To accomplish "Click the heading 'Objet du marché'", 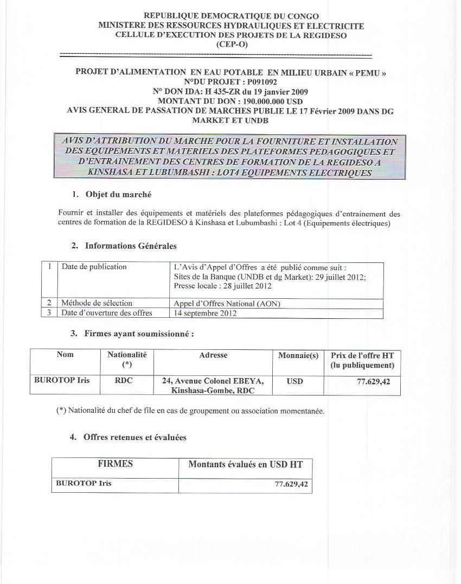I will (x=118, y=194).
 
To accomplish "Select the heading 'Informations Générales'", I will (x=131, y=246).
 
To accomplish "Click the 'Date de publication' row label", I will (x=94, y=267).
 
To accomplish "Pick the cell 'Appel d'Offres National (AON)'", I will (x=227, y=304).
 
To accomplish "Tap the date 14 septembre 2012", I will (x=205, y=313).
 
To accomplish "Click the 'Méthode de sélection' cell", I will (x=97, y=303).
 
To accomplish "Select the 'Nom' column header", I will (x=65, y=355).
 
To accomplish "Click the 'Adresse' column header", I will (x=213, y=355).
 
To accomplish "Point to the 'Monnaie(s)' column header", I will (x=298, y=355).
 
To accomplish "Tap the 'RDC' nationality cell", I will (x=124, y=381).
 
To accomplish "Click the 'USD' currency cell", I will (x=295, y=381).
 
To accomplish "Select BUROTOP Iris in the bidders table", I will (x=62, y=380).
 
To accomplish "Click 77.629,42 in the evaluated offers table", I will (x=291, y=483).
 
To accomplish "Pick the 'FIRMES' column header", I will (x=115, y=464).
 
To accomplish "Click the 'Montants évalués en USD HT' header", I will (x=245, y=464).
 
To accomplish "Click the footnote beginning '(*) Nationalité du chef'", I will (x=190, y=411).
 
